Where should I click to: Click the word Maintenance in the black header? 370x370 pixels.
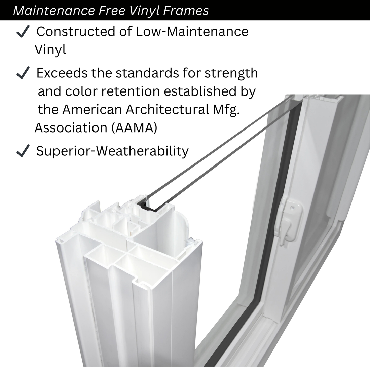click(x=54, y=11)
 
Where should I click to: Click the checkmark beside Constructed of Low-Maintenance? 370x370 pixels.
click(x=23, y=31)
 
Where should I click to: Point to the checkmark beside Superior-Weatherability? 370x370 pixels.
click(x=23, y=151)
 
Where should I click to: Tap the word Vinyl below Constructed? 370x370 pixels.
click(x=50, y=50)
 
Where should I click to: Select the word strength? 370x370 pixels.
click(x=231, y=73)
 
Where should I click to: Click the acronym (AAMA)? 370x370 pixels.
click(x=134, y=128)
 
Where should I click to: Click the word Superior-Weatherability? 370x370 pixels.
click(x=112, y=151)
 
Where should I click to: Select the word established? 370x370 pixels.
click(x=200, y=91)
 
